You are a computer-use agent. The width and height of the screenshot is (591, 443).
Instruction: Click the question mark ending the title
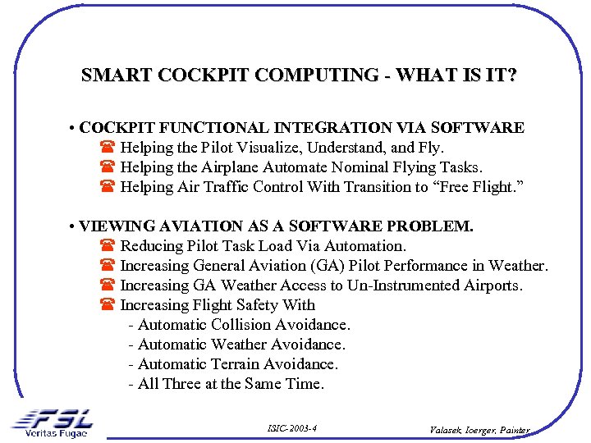512,76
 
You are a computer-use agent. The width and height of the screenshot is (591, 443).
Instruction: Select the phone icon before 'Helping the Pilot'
107,148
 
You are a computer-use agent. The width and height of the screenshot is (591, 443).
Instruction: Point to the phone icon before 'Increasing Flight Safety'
107,306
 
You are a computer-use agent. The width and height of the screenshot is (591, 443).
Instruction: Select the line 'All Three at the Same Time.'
227,384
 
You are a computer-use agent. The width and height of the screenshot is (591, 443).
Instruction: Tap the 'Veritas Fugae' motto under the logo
56,433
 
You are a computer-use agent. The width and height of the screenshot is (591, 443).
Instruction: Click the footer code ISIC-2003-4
292,429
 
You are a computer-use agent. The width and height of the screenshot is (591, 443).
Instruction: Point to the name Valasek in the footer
447,430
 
